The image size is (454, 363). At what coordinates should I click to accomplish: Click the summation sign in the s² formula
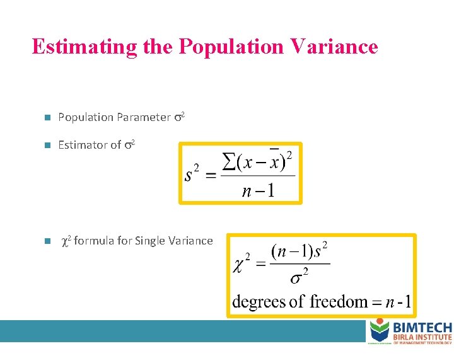(x=230, y=162)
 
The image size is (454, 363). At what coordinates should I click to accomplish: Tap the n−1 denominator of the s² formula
(x=258, y=190)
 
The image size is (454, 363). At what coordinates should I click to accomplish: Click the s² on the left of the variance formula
(x=192, y=173)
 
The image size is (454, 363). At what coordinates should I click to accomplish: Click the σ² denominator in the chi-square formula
(x=299, y=277)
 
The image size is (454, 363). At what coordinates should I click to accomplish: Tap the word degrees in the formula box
(x=259, y=302)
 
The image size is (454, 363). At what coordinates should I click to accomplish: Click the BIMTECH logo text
(x=422, y=327)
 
